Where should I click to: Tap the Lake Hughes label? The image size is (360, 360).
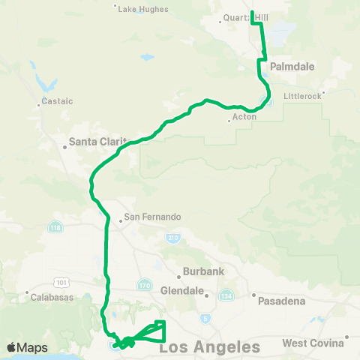pos(142,9)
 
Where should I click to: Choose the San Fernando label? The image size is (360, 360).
pos(152,217)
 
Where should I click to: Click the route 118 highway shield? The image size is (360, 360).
pos(56,226)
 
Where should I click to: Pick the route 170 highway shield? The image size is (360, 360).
pos(145,284)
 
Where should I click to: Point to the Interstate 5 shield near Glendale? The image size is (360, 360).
pos(206,319)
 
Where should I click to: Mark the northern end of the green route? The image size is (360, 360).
pos(251,12)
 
